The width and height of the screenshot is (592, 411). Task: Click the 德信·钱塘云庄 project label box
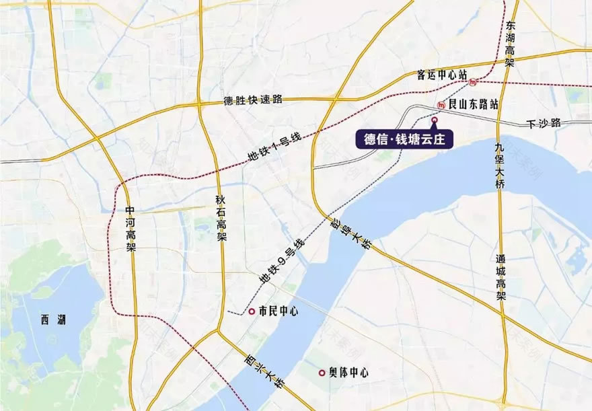[x=405, y=140]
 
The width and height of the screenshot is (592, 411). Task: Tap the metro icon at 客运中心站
[x=474, y=83]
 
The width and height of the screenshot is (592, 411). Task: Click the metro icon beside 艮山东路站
[x=440, y=105]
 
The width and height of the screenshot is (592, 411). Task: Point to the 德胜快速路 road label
[x=253, y=100]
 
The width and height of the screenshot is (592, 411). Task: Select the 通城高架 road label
[x=501, y=274]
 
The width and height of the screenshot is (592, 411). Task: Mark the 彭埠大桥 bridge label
[x=349, y=232]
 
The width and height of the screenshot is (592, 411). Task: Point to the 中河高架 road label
[x=131, y=227]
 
